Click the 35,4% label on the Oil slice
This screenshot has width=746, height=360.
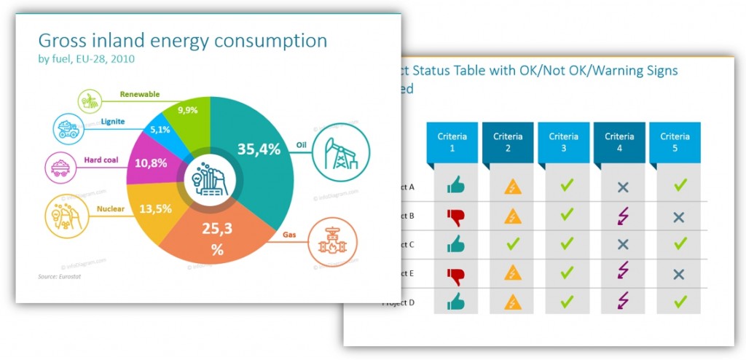pos(259,149)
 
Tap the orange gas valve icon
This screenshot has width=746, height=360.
pos(333,242)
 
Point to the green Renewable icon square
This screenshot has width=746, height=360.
pos(90,101)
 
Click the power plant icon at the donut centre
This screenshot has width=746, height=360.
pos(210,179)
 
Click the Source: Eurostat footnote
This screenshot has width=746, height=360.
pos(58,277)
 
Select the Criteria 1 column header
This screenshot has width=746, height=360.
pos(452,141)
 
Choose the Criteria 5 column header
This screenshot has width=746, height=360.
pos(675,141)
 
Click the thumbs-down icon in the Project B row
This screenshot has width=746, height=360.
pos(455,216)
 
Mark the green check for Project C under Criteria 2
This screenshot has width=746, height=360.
pos(512,244)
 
